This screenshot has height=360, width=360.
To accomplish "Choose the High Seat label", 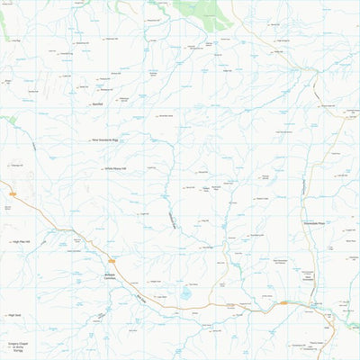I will click(14, 315).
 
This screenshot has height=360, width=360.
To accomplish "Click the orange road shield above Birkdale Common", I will click(112, 261).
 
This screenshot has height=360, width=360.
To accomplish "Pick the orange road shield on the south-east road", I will click(284, 302).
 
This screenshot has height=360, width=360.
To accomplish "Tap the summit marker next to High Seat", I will click(4, 315).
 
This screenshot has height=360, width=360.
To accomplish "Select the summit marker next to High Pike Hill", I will click(9, 241).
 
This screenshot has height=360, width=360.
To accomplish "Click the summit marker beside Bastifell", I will click(89, 104).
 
